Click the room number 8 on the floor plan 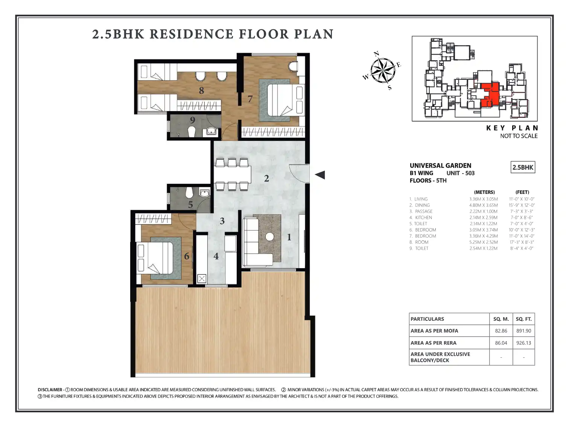[201, 90]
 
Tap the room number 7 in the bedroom [250, 99]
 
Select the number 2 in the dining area [266, 178]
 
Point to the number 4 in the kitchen [216, 256]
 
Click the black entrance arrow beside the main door [320, 175]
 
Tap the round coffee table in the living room [269, 237]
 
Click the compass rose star [383, 70]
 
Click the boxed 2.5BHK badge [523, 168]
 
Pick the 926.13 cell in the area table [523, 343]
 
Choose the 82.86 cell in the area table [501, 331]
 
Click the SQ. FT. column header [523, 319]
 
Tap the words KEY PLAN [512, 128]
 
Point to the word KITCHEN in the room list [424, 218]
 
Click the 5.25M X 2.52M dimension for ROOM [484, 242]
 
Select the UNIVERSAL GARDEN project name [440, 166]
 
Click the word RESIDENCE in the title [192, 34]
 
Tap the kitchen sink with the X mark [202, 279]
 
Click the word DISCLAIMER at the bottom [50, 390]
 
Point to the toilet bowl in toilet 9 [191, 132]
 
